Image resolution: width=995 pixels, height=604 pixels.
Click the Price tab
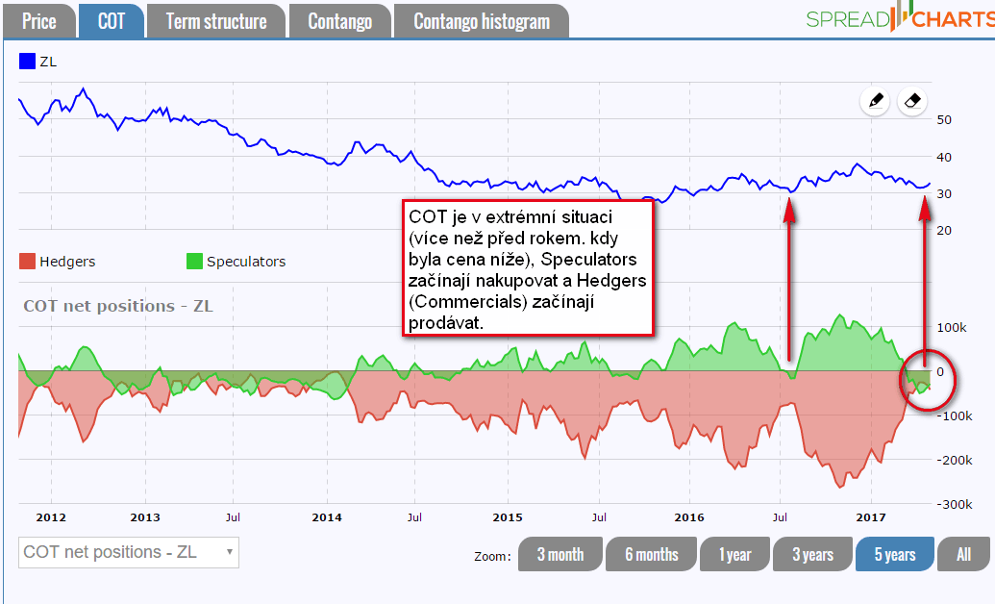click(x=39, y=21)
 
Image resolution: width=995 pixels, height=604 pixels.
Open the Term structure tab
click(x=216, y=21)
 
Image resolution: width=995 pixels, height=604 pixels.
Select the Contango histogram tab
click(x=482, y=21)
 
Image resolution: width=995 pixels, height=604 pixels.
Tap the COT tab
click(x=112, y=21)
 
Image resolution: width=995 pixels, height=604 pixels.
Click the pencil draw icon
click(x=875, y=100)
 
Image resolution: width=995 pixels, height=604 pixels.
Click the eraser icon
click(x=913, y=100)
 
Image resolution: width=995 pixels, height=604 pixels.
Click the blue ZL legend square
click(x=27, y=63)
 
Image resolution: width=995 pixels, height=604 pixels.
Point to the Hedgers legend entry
click(x=57, y=262)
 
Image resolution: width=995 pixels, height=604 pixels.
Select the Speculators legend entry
click(x=236, y=262)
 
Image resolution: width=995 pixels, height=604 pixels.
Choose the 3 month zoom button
click(x=560, y=555)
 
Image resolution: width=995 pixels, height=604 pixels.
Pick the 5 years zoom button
click(x=894, y=555)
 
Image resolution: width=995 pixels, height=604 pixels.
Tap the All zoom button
click(x=964, y=555)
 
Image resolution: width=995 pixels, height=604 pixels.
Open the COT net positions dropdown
click(x=129, y=552)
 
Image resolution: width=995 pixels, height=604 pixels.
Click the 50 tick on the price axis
click(x=944, y=120)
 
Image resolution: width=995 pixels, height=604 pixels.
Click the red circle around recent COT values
click(x=928, y=380)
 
